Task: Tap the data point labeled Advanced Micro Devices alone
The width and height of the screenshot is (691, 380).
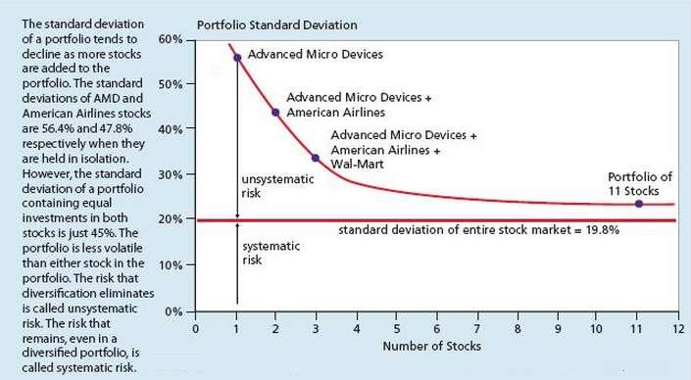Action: click(237, 58)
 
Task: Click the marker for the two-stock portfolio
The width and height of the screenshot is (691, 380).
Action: click(275, 112)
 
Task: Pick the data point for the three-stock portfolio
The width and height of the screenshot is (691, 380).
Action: click(315, 158)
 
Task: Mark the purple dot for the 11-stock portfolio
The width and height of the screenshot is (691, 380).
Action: click(638, 204)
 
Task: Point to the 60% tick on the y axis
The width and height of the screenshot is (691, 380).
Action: click(172, 39)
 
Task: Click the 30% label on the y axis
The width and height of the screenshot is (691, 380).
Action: click(172, 174)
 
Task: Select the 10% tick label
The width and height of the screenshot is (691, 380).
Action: click(172, 265)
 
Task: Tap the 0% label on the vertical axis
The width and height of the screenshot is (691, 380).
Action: click(174, 311)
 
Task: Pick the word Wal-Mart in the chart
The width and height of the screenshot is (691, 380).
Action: click(358, 165)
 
